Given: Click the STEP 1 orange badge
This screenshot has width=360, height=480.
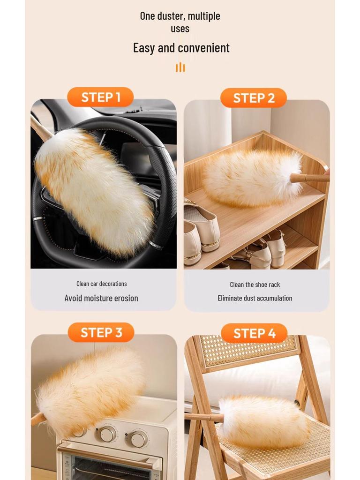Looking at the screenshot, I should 100,97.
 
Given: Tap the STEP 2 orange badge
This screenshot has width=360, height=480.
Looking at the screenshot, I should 254,98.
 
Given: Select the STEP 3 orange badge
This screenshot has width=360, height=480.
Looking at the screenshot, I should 101,332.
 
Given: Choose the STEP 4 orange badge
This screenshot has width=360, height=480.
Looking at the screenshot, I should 254,333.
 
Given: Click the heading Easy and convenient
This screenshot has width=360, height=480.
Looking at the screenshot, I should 181,48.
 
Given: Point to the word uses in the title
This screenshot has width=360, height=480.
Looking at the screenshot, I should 180,29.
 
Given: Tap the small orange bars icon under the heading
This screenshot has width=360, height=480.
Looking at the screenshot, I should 180,67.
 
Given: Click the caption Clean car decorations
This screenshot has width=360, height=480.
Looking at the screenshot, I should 101,284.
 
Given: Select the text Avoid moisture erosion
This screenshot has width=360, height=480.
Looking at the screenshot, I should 101,298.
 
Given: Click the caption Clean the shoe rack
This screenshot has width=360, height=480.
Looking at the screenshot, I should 255,285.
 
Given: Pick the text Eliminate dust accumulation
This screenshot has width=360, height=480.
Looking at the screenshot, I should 255,298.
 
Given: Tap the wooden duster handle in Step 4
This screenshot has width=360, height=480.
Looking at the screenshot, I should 203,417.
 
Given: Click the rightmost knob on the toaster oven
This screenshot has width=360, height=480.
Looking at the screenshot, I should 138,439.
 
